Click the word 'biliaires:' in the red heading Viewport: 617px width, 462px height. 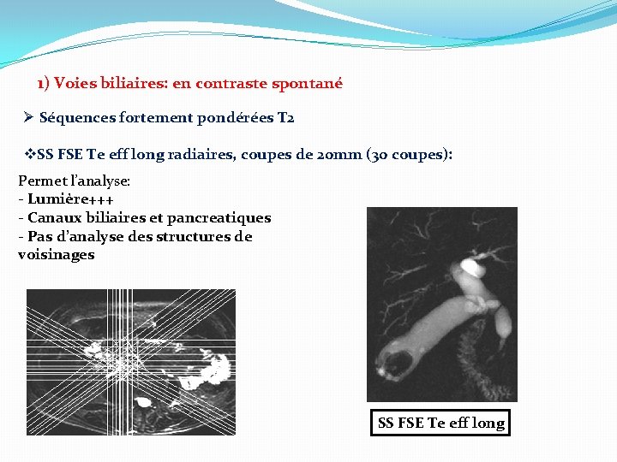(137, 84)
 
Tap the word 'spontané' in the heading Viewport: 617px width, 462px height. (307, 84)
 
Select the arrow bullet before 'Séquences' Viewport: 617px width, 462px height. (29, 118)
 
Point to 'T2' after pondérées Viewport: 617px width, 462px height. (286, 118)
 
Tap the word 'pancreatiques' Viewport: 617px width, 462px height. (225, 218)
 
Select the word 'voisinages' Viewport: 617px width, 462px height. (56, 254)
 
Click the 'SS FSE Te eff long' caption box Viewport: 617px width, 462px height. (440, 423)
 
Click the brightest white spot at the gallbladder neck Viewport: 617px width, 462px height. (470, 265)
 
